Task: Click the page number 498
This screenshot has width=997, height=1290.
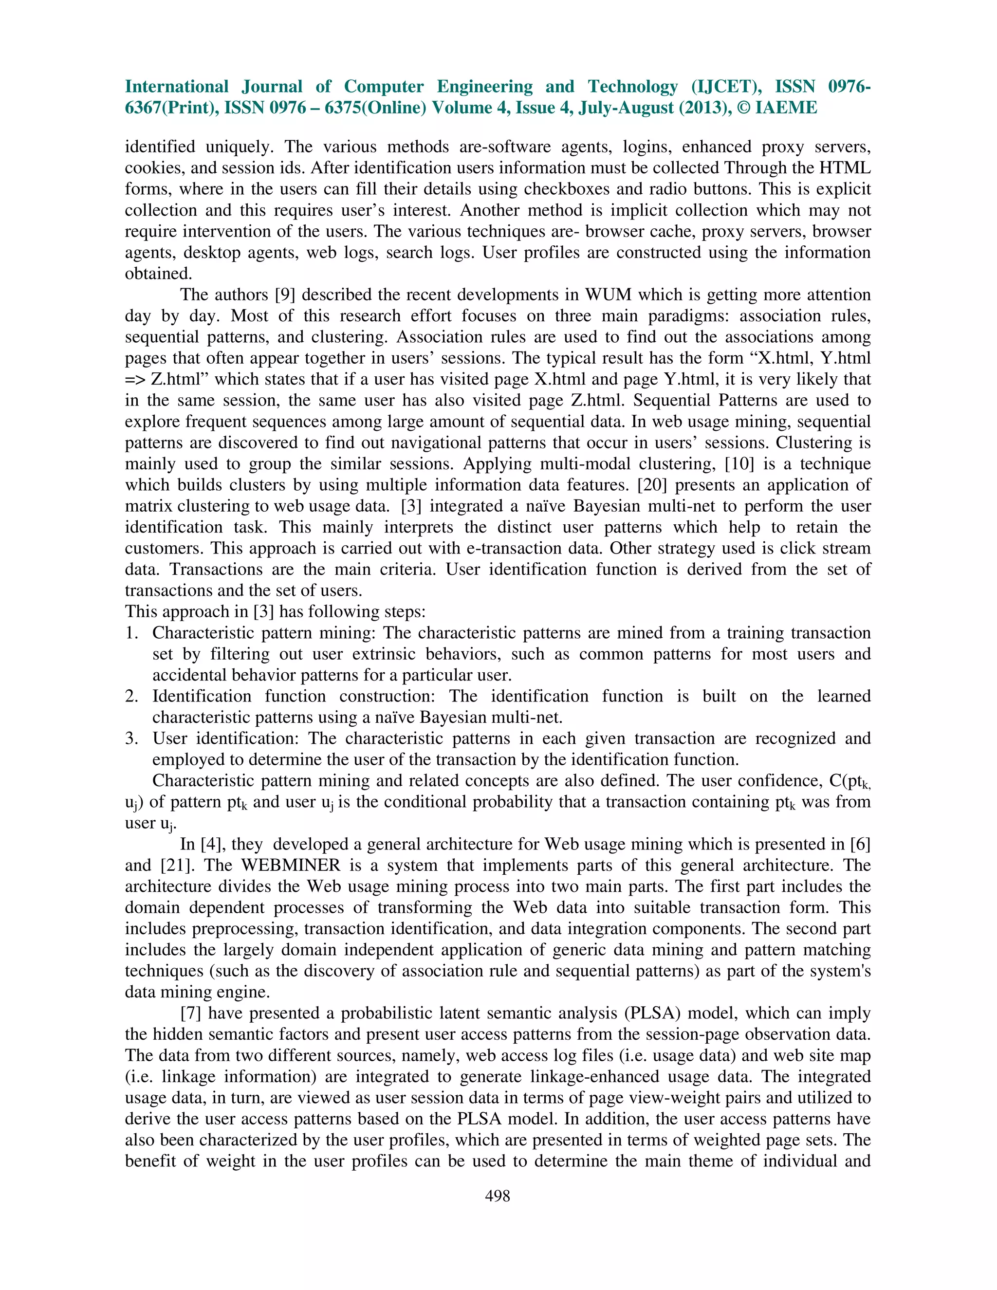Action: click(498, 1196)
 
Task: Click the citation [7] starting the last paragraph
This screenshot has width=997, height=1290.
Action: click(191, 1014)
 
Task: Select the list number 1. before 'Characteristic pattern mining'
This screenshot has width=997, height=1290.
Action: click(131, 633)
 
